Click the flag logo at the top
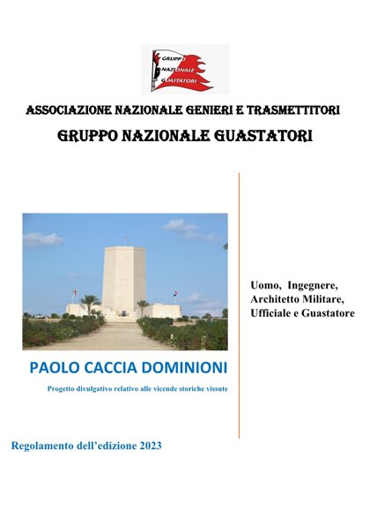[x=184, y=70]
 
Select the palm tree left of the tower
[x=89, y=304]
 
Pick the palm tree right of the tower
[x=142, y=306]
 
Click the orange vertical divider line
[x=240, y=304]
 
